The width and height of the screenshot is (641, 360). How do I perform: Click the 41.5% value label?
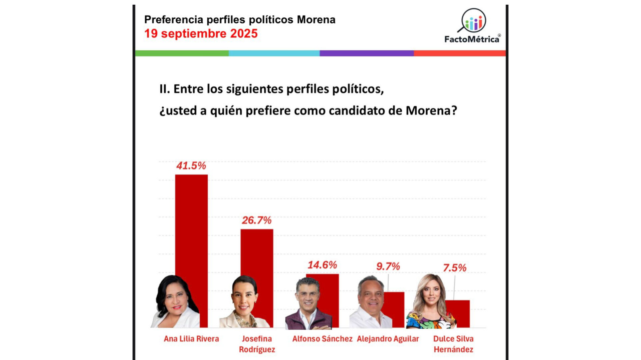pos(191,166)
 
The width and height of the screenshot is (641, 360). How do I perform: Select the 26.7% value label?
pos(256,220)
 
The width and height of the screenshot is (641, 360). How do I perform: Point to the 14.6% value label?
pos(322,265)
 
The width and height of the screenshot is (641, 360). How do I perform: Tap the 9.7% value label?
pos(388,266)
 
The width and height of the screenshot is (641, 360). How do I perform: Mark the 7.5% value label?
pos(454,268)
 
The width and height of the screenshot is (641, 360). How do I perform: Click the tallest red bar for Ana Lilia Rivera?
pos(191,227)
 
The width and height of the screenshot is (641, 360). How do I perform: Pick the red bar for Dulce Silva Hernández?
pos(459,314)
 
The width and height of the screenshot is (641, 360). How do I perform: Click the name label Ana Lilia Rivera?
pos(191,339)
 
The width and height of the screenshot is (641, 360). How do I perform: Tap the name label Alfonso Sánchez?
pos(322,339)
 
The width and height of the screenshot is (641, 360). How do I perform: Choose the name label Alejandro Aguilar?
pos(388,339)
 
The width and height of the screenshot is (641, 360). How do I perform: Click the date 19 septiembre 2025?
pos(201,34)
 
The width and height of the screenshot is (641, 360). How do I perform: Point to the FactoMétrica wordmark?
pos(472,39)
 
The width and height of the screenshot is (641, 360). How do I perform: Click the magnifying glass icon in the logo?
pos(472,21)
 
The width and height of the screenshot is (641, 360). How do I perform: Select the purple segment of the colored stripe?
pos(367,53)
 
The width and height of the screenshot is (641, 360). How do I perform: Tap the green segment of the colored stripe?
pos(182,53)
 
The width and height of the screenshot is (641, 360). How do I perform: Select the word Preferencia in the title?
pos(174,20)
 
